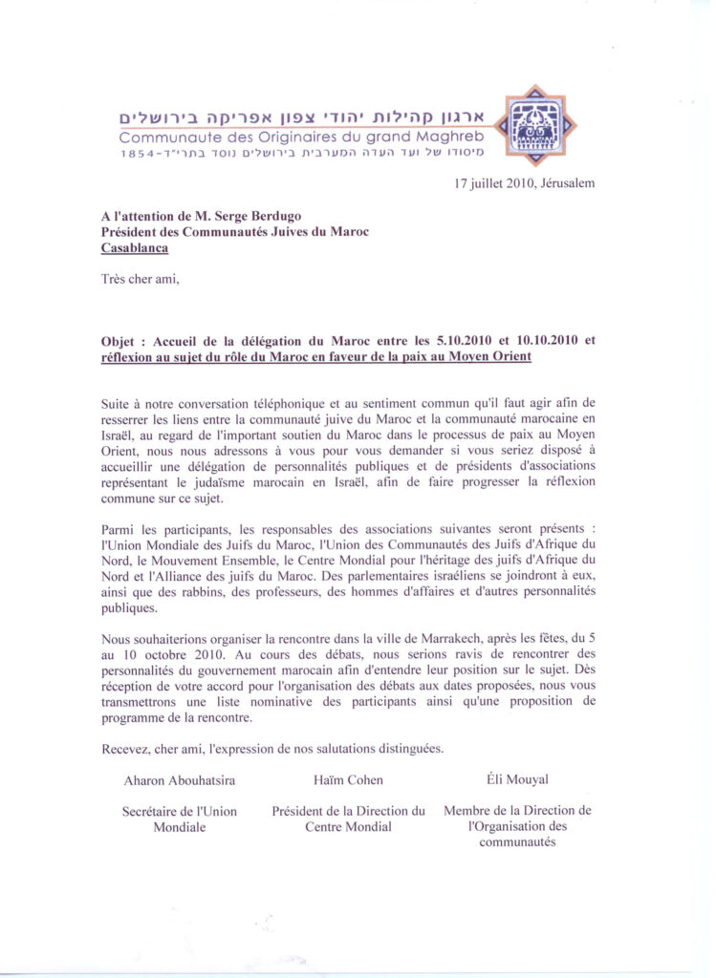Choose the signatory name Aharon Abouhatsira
180,780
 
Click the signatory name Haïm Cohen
348,780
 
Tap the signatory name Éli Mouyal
517,780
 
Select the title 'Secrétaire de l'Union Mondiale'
180,819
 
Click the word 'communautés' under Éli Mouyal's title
517,842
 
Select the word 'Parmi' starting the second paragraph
119,529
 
